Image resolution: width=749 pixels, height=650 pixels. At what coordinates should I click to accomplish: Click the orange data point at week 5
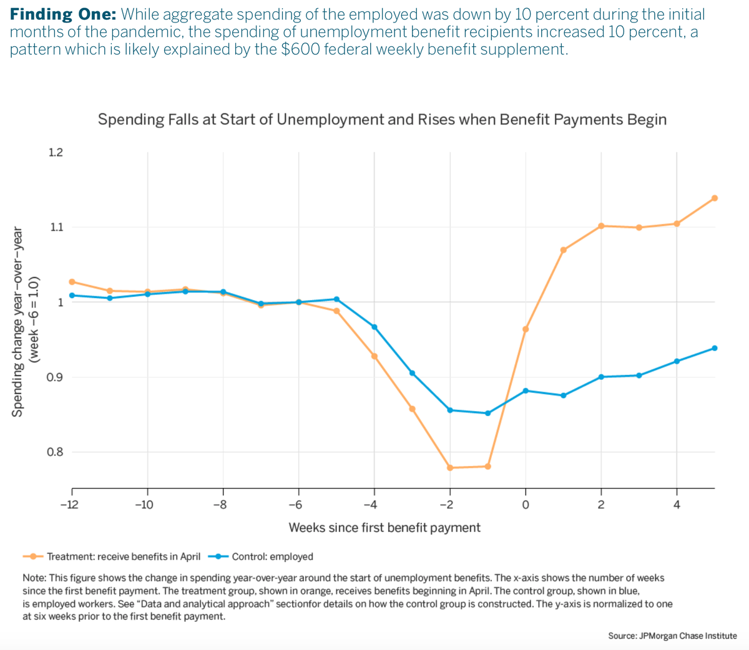715,198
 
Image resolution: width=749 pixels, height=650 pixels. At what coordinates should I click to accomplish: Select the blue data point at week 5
715,348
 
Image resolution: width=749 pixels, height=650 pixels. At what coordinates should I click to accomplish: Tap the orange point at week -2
450,468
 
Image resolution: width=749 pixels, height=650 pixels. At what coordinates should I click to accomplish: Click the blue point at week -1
488,413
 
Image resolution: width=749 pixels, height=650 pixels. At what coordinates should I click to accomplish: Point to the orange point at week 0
526,329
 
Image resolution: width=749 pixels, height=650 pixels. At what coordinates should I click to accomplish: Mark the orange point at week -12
72,282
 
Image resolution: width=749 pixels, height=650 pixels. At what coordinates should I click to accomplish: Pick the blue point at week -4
374,327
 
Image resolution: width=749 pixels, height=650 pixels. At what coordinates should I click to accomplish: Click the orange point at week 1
564,250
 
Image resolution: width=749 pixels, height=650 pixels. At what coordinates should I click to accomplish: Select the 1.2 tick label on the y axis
56,152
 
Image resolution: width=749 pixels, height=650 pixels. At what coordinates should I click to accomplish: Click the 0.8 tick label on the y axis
56,452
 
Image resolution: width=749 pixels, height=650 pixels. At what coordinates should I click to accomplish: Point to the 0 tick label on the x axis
526,505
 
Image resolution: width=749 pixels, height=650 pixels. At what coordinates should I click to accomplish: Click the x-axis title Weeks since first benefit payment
384,528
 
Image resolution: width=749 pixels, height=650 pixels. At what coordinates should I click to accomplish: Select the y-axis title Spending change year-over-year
18,321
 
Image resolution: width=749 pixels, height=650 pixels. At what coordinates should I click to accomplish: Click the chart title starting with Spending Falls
382,119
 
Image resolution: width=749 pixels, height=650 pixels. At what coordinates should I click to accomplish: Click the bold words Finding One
63,14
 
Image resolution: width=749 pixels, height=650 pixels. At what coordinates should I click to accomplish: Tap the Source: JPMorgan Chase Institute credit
672,636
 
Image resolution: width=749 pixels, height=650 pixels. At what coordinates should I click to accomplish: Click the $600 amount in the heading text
300,49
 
